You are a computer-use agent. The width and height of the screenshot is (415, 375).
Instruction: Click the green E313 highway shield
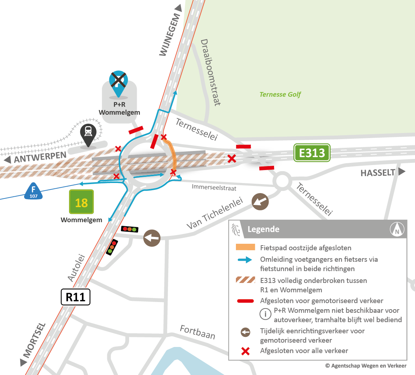312,153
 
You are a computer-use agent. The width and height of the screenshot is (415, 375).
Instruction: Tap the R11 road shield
76,297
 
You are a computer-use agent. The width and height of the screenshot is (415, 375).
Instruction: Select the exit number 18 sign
81,202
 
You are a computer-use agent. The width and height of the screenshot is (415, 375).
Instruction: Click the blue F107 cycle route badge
33,191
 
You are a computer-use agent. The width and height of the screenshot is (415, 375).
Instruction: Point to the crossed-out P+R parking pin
119,82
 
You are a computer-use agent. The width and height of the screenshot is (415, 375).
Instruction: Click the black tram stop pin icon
88,134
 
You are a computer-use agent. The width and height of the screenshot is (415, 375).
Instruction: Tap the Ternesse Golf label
280,95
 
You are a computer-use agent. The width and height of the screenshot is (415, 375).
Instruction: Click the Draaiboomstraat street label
210,72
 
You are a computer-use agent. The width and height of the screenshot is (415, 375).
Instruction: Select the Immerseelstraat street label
214,187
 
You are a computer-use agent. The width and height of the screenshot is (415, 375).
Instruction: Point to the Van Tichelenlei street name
215,213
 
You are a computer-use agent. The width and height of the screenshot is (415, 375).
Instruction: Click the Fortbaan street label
197,332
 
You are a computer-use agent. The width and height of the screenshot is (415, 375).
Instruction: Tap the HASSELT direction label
378,173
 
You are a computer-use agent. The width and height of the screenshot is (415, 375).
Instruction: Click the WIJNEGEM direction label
169,35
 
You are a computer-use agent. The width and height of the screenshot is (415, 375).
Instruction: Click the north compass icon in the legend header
397,229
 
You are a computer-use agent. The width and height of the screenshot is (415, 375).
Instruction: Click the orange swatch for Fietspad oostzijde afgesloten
245,248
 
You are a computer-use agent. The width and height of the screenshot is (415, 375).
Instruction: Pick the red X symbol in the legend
245,351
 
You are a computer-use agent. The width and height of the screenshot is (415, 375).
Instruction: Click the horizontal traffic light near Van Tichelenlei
129,229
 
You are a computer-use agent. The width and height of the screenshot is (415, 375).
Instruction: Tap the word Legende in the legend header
263,229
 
